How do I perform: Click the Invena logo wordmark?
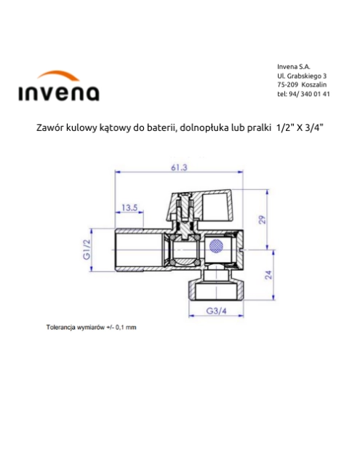point(57,92)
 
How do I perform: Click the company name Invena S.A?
point(294,66)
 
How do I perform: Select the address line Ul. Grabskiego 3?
point(302,76)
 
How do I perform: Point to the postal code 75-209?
point(289,84)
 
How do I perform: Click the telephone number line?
point(303,94)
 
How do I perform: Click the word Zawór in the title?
point(50,128)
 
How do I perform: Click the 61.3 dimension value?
point(179,167)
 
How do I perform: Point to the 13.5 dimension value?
point(129,208)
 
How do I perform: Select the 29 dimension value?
point(263,220)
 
